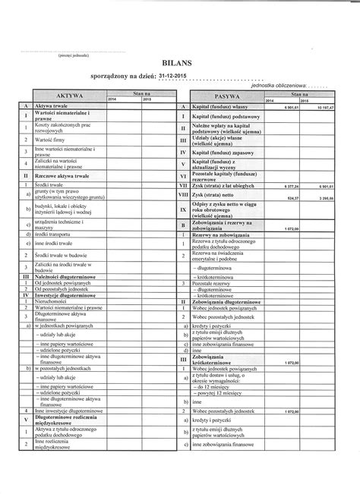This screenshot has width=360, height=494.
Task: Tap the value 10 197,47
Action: [x=321, y=108]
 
